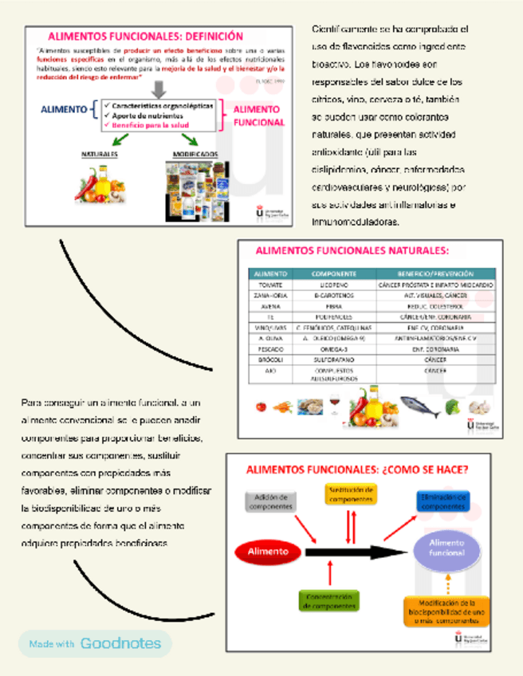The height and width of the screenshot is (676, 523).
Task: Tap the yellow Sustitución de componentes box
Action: coord(350,494)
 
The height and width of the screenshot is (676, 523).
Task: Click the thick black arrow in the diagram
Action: coord(351,552)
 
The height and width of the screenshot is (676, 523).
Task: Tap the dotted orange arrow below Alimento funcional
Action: coord(447,584)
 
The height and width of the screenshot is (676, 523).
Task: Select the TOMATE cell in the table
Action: coord(270,285)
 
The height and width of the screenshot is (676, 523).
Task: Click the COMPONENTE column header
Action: coord(332,273)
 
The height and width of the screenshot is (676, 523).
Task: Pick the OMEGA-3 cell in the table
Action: coord(332,349)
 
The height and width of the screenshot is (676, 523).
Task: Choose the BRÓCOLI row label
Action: coord(270,360)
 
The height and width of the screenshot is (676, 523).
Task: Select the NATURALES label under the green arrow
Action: coord(99,154)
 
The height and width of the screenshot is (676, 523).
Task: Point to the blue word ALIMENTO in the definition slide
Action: coord(64,109)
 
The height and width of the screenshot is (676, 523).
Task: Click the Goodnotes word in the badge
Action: coord(120,643)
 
